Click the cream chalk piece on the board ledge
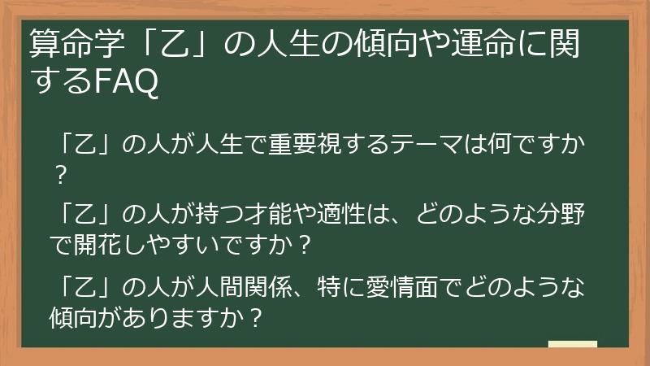572,345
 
